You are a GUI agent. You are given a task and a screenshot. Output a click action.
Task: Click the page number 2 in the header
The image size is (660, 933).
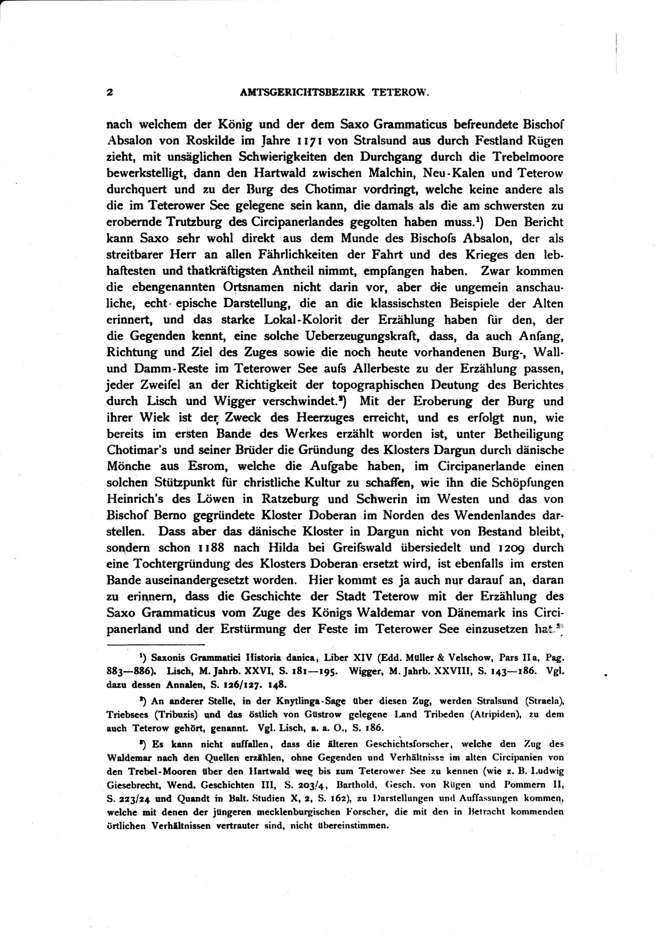pyautogui.click(x=109, y=92)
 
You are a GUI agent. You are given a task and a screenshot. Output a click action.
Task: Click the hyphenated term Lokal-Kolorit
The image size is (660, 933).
pyautogui.click(x=296, y=320)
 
